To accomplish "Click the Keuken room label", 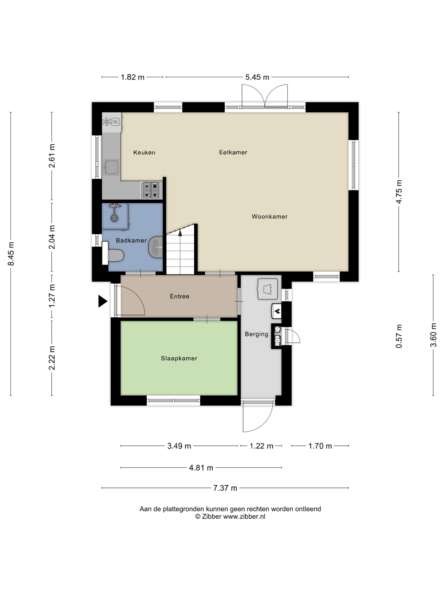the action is coord(144,152).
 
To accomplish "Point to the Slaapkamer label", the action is coord(179,358).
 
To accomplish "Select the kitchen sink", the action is coord(111,167).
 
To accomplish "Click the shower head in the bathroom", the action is coord(114,218).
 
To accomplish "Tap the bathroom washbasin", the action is coord(156,247).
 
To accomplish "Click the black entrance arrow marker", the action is coord(103,301).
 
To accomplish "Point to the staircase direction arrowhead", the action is coord(180,233).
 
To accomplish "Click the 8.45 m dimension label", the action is coord(11,254).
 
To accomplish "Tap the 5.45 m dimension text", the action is coord(257,77).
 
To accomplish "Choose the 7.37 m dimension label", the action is coord(225,488).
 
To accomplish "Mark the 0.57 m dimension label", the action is coord(399,336).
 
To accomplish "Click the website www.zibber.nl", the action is coord(244,516).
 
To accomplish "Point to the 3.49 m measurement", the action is coord(179,446).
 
